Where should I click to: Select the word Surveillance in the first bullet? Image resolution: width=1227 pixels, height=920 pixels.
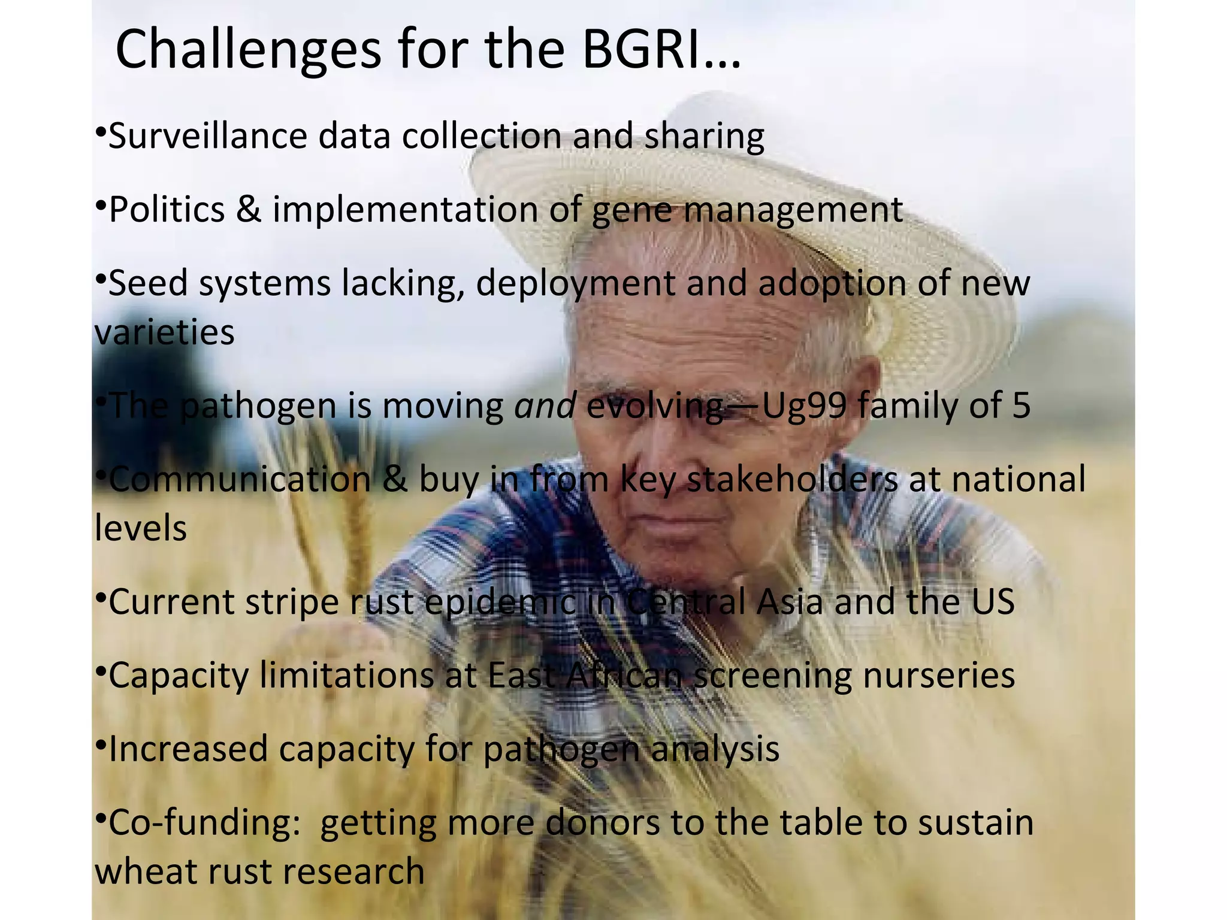pyautogui.click(x=207, y=137)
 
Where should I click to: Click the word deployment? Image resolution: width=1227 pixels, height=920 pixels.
pyautogui.click(x=575, y=284)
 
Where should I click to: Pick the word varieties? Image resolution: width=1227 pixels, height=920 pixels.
pyautogui.click(x=164, y=332)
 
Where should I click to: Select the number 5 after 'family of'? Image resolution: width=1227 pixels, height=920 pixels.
pyautogui.click(x=1021, y=406)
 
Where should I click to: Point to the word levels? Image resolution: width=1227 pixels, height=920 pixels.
pyautogui.click(x=141, y=528)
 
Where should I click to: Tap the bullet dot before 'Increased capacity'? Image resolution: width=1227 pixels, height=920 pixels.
pyautogui.click(x=101, y=745)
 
